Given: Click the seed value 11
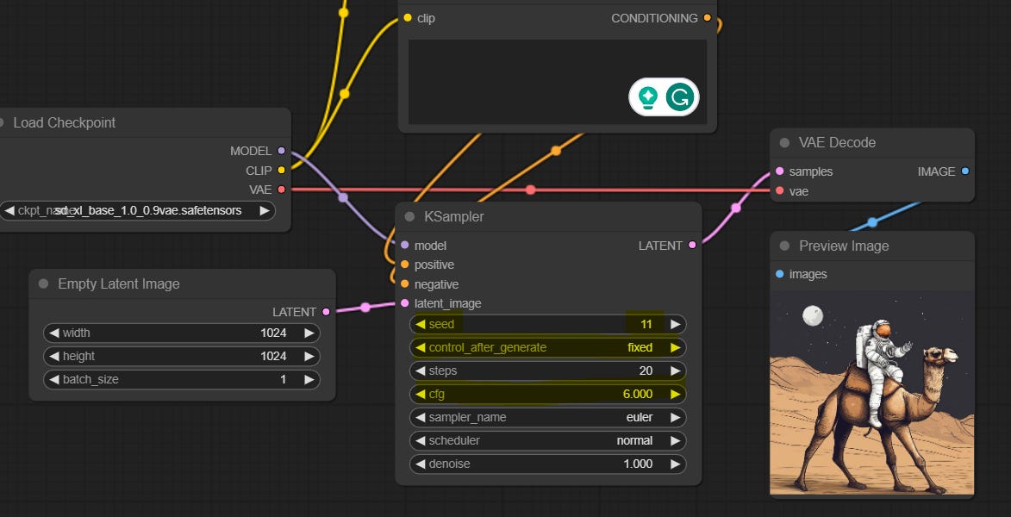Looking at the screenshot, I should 646,325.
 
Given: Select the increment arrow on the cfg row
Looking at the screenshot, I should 675,395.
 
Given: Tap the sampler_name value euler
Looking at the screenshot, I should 639,418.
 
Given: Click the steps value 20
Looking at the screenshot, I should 646,371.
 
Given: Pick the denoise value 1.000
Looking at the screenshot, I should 638,464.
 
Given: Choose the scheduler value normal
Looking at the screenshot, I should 634,441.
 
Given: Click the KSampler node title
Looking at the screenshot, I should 453,217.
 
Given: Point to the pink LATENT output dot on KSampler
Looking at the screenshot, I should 692,246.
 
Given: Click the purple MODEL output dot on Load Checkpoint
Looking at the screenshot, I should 281,151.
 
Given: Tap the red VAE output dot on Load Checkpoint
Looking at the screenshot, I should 281,190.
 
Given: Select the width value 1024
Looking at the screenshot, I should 273,333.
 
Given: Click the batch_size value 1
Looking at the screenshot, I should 283,380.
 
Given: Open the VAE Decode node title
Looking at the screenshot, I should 837,143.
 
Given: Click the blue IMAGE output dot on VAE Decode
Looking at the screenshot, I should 964,171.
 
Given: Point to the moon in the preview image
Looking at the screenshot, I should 813,316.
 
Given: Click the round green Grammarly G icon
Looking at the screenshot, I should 680,97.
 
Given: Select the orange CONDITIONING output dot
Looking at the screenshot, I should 708,18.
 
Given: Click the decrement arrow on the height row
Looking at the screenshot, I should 53,357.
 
